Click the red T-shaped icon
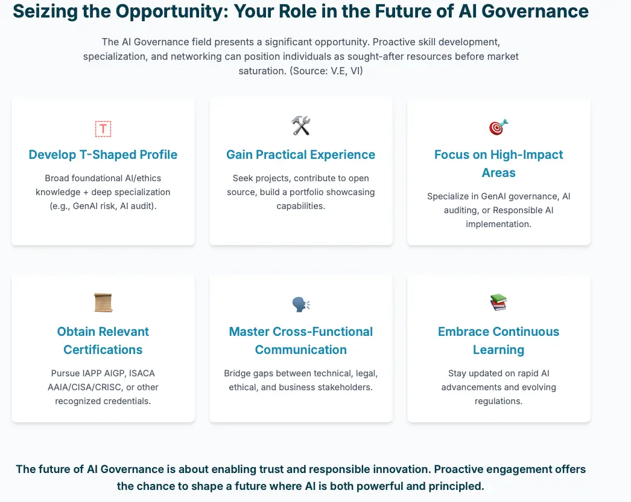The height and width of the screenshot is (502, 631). click(x=103, y=129)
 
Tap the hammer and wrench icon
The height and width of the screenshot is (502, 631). click(x=301, y=126)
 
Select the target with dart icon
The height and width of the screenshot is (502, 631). click(x=499, y=127)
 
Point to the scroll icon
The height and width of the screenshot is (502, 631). click(x=103, y=303)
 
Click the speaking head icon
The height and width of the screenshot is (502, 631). click(x=301, y=304)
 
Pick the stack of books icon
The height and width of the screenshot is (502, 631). click(x=499, y=303)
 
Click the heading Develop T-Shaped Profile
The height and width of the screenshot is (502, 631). click(x=103, y=155)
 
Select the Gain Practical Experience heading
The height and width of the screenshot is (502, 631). click(x=300, y=155)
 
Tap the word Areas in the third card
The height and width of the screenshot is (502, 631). click(x=499, y=173)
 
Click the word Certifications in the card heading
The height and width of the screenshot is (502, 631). click(x=103, y=350)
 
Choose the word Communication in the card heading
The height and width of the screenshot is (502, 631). click(x=301, y=350)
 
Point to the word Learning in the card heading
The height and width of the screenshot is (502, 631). click(x=499, y=350)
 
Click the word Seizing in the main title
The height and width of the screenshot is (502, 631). click(x=45, y=11)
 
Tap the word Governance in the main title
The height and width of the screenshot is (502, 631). click(x=535, y=11)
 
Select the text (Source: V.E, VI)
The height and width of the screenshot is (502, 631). click(x=326, y=71)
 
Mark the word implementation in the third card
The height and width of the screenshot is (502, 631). click(x=499, y=224)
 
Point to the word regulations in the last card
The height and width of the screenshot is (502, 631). click(x=499, y=401)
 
